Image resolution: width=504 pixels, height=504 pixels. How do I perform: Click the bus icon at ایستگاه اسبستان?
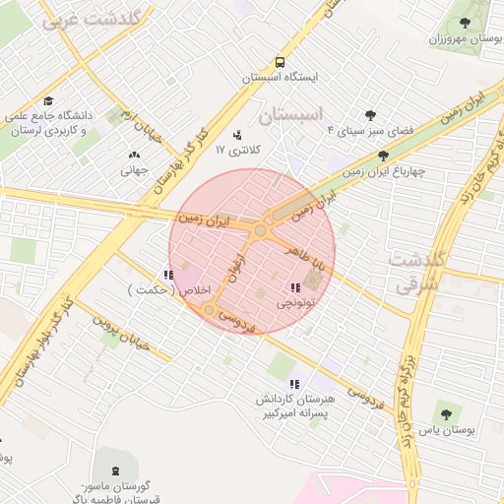click(281, 61)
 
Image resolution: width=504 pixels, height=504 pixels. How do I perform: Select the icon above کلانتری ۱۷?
click(236, 135)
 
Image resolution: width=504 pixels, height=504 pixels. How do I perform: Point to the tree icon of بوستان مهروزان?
click(466, 24)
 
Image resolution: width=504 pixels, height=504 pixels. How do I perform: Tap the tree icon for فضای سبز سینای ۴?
click(370, 116)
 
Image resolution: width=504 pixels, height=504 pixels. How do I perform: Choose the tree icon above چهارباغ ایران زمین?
click(383, 156)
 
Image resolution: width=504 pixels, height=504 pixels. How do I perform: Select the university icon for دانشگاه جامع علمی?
click(48, 101)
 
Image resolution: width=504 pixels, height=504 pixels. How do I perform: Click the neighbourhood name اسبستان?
click(290, 115)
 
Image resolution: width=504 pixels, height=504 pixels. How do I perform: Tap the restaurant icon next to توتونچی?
click(294, 287)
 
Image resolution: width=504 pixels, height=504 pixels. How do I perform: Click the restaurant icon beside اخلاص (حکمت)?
click(168, 275)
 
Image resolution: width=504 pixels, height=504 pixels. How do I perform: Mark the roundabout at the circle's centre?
click(260, 231)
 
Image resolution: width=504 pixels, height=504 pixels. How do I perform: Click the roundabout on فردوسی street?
click(209, 311)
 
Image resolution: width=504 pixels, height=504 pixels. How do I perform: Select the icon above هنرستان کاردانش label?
click(293, 384)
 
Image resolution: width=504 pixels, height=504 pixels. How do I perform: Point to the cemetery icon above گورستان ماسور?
click(106, 471)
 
